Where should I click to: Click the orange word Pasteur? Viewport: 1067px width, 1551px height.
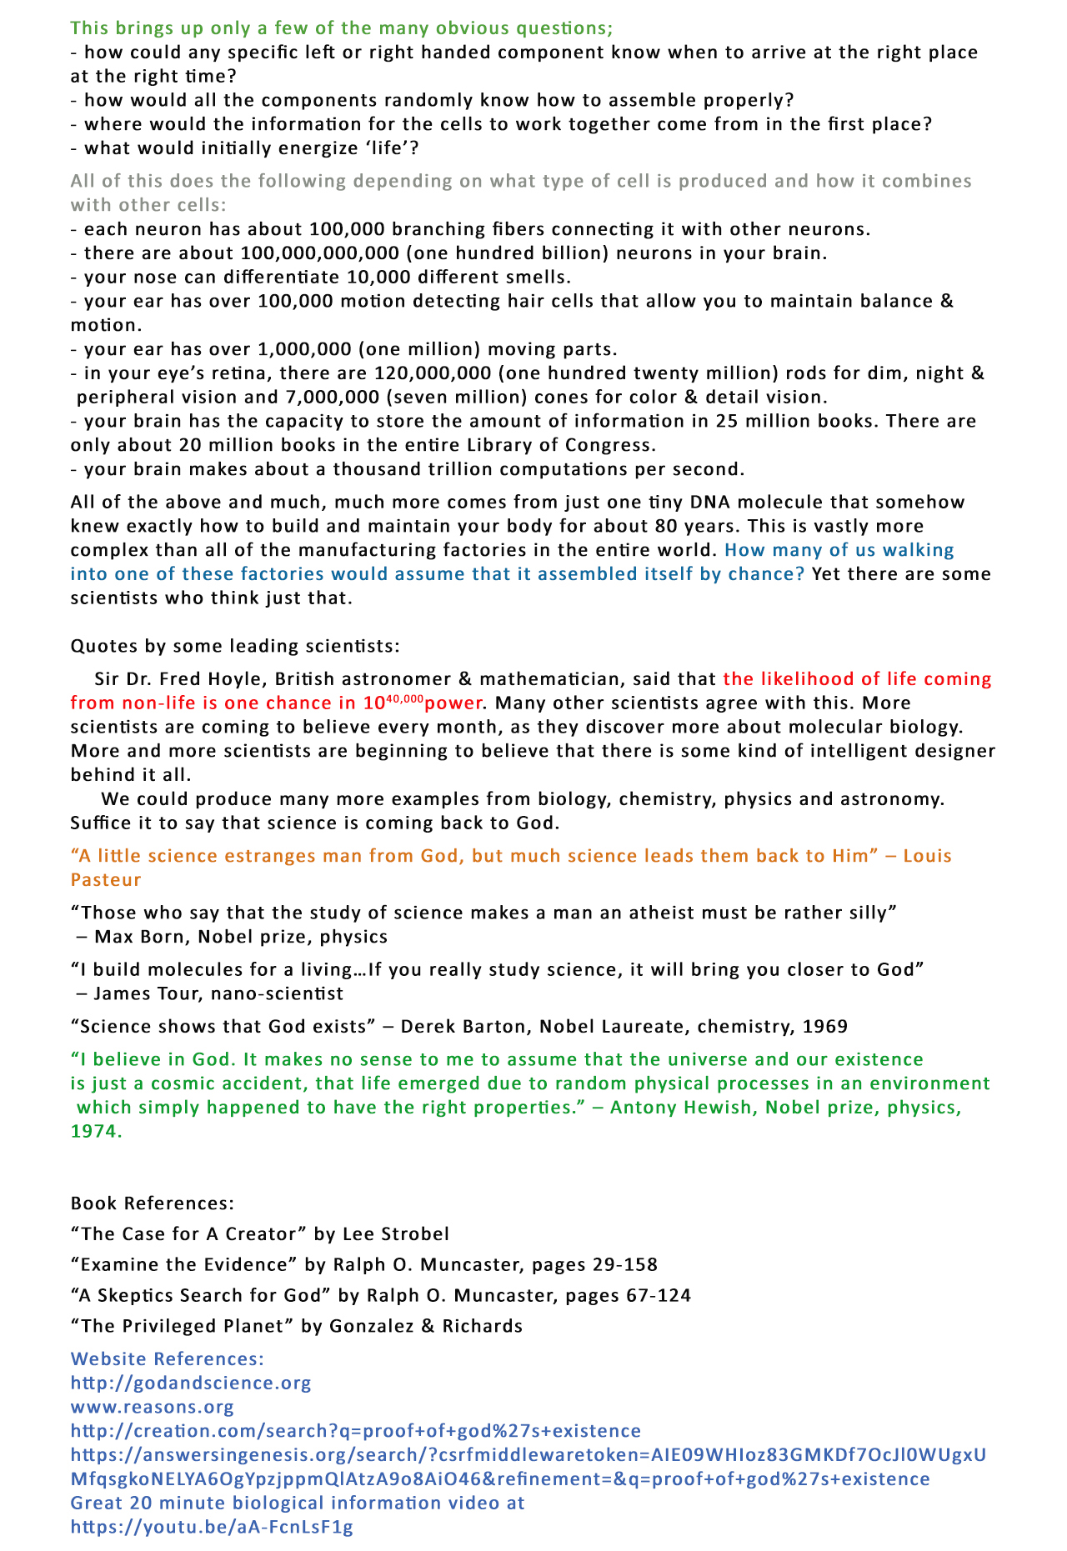pos(106,880)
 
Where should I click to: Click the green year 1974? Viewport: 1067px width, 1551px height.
pos(96,1132)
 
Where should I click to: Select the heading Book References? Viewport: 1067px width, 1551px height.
pos(153,1203)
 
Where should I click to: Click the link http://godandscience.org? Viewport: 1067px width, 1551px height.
pos(191,1383)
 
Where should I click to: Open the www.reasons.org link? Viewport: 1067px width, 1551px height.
pos(153,1408)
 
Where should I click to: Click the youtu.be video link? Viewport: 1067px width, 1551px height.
pos(212,1528)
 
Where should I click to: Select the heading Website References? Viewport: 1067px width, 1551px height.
pos(168,1359)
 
